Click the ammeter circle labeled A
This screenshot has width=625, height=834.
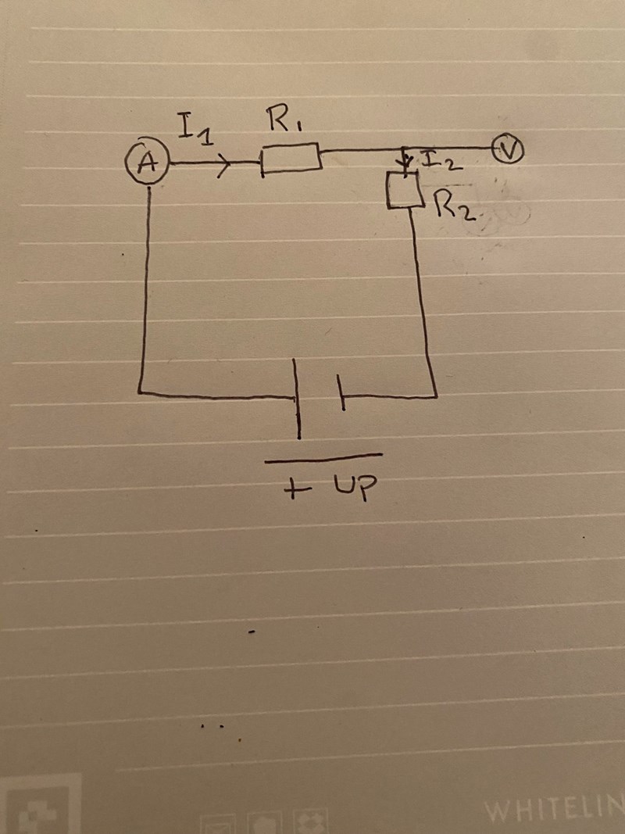(146, 163)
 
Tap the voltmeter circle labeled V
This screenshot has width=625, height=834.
(509, 150)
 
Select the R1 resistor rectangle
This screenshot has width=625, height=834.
(290, 159)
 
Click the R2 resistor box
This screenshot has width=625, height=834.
(405, 189)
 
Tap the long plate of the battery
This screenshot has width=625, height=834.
(297, 399)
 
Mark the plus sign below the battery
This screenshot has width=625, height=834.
(294, 491)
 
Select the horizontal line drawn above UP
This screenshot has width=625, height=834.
(323, 458)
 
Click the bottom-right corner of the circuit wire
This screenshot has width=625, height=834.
(435, 396)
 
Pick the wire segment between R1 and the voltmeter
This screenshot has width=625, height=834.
(406, 149)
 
